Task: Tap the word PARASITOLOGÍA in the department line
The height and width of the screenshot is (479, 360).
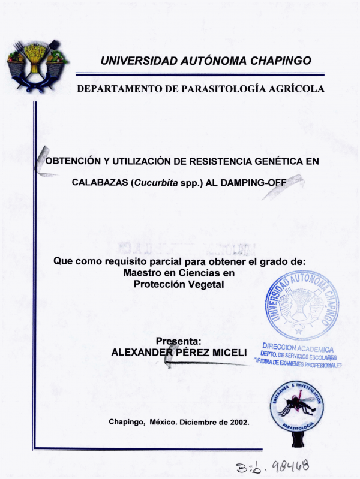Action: click(x=211, y=89)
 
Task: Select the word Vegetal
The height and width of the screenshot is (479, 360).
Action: click(x=206, y=285)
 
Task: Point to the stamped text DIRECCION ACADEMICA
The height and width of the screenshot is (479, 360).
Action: click(x=298, y=349)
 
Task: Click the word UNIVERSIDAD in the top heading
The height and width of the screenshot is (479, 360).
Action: click(x=139, y=61)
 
